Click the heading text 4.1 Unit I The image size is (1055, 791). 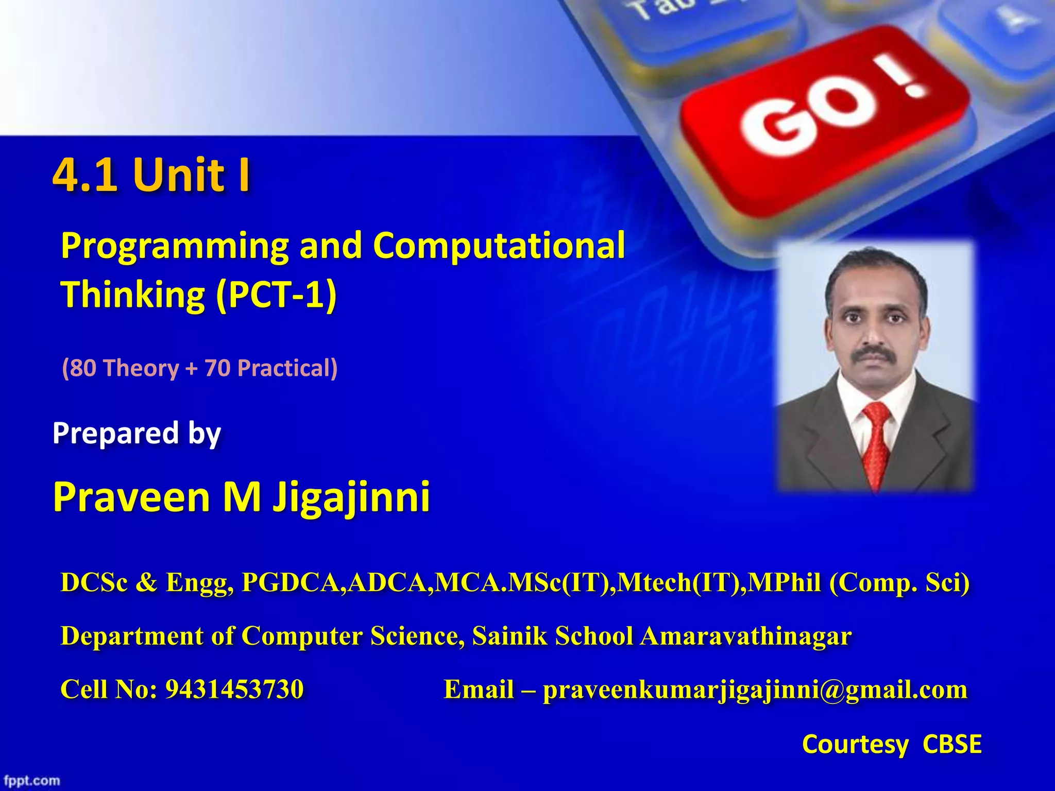tap(151, 175)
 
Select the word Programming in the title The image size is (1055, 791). tap(174, 246)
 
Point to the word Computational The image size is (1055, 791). tap(499, 245)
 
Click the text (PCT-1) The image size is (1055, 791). tap(276, 295)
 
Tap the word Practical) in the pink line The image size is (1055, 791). tap(287, 368)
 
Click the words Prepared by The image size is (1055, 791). tap(137, 433)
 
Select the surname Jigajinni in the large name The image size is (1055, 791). tap(351, 497)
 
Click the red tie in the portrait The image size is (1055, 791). tap(875, 443)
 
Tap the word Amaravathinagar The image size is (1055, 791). tap(745, 636)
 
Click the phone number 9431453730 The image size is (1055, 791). tap(234, 690)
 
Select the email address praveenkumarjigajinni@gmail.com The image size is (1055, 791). tap(755, 690)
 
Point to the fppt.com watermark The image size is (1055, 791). tap(32, 781)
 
